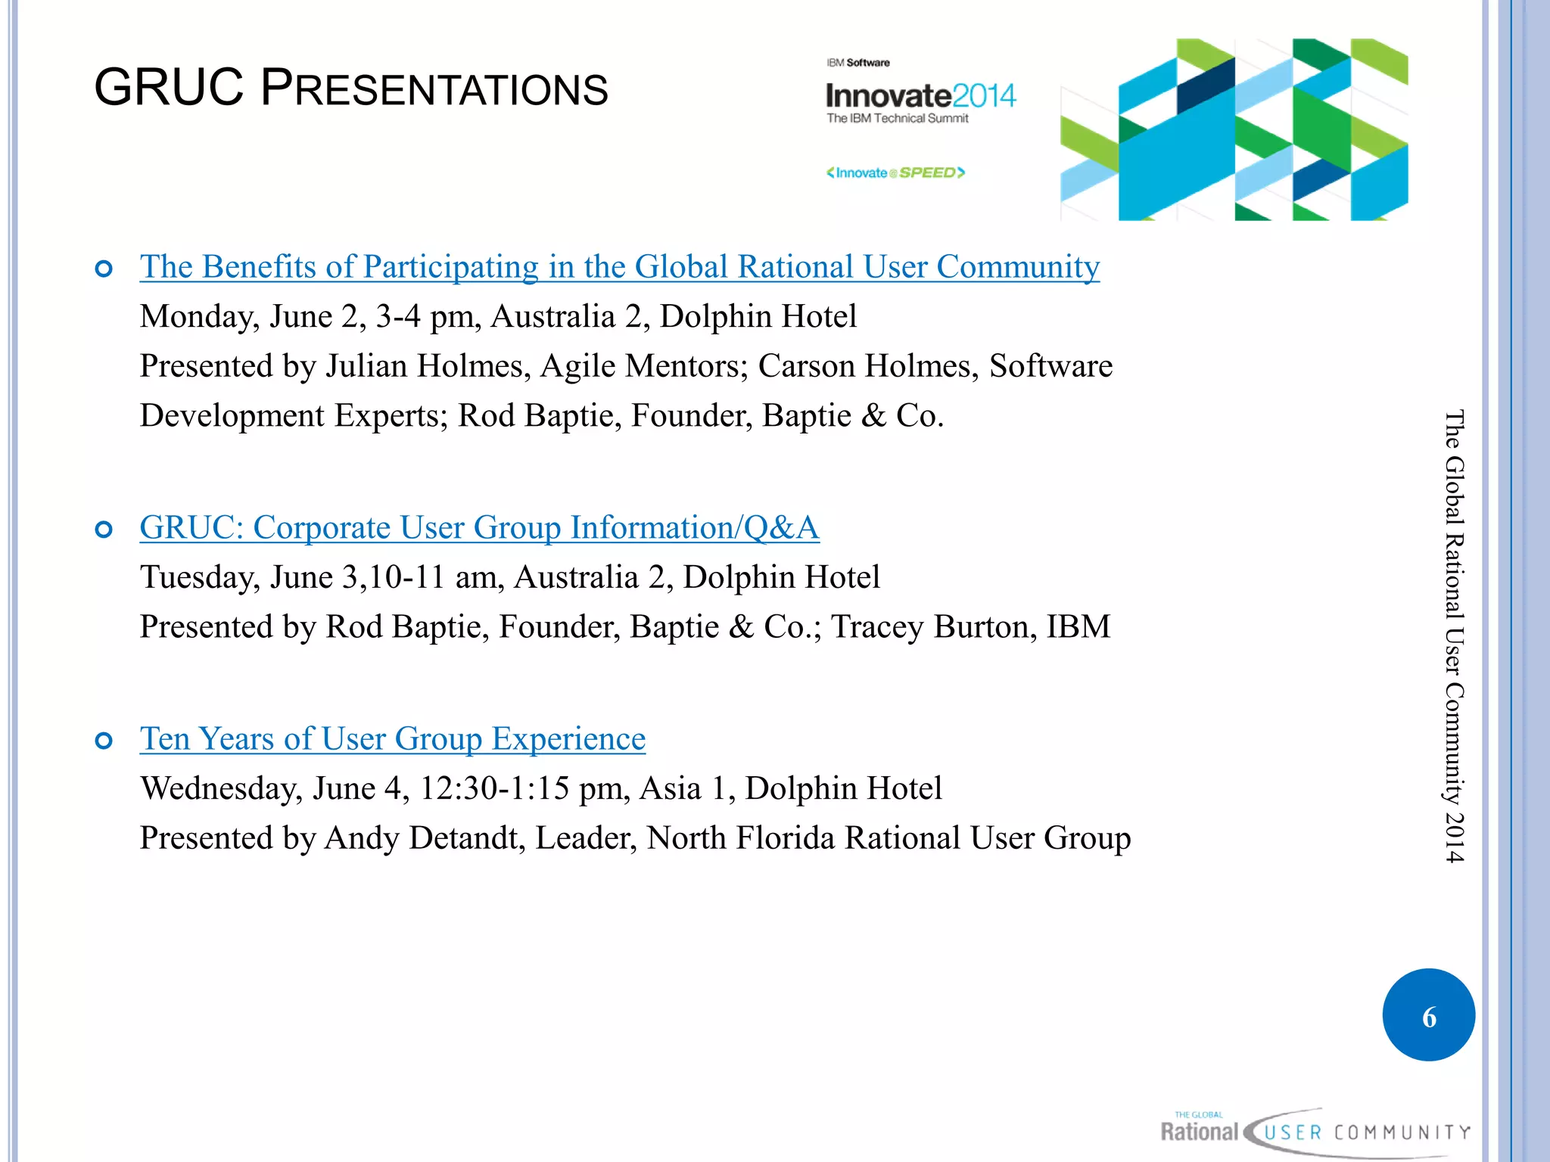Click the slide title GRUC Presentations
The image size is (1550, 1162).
(x=350, y=89)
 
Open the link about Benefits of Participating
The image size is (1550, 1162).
(x=619, y=267)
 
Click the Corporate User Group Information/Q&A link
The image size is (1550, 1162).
(x=479, y=528)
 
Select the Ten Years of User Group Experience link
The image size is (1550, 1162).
(x=392, y=739)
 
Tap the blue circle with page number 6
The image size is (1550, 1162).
(x=1428, y=1015)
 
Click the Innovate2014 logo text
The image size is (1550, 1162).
(x=920, y=96)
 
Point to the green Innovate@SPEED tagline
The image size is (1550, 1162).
(x=895, y=173)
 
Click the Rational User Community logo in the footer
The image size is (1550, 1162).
(x=1315, y=1132)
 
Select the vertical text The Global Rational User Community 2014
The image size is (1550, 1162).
(x=1454, y=635)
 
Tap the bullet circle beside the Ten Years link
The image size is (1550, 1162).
(x=104, y=741)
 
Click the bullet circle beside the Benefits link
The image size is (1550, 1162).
(x=104, y=269)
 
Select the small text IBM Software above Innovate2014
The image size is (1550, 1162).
(x=857, y=63)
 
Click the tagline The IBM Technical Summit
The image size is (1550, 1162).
(x=897, y=119)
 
